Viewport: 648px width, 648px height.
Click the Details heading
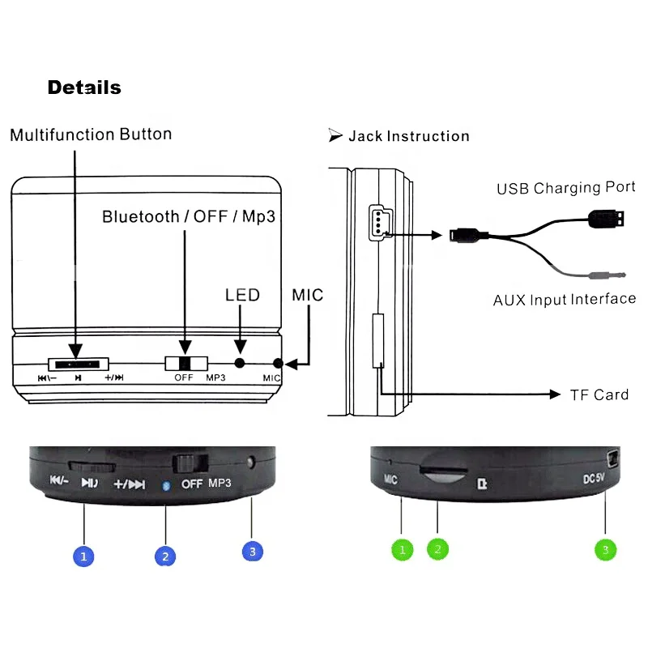coord(84,87)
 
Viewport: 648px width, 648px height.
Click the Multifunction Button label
coord(91,134)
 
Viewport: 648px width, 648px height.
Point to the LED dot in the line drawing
coord(240,364)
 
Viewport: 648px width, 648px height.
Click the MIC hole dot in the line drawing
coord(279,364)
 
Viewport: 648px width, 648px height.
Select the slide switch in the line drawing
coord(185,364)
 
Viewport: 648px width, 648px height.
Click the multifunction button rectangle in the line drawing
coord(77,364)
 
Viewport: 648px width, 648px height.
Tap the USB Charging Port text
coord(565,188)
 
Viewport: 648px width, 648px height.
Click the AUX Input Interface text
coord(565,300)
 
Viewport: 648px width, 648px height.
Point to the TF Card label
coord(599,394)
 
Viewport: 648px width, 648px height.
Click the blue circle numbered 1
coord(84,556)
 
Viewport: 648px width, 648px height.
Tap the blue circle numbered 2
coord(165,556)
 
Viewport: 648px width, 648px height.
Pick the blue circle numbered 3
coord(253,551)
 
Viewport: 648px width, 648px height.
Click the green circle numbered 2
coord(437,549)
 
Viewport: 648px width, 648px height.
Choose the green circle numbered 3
coord(604,550)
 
